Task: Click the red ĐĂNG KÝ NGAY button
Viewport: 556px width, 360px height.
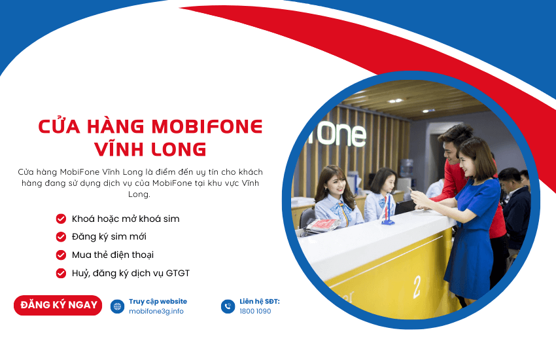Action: click(x=58, y=305)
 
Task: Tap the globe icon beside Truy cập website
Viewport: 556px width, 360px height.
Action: click(x=117, y=306)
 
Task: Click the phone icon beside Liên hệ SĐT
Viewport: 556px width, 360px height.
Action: click(x=228, y=306)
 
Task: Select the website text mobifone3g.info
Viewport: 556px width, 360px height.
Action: click(x=156, y=312)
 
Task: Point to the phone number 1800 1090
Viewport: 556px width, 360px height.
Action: click(x=255, y=312)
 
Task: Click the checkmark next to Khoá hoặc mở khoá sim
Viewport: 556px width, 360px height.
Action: click(x=61, y=219)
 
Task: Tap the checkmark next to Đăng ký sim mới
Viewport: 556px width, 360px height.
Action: click(x=61, y=236)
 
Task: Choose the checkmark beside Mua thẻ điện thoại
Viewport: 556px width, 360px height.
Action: click(x=61, y=255)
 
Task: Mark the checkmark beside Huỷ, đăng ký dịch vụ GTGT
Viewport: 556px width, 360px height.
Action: click(x=61, y=274)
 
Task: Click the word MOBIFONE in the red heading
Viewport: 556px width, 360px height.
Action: click(x=207, y=126)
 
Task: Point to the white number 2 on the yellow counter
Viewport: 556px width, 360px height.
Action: click(x=417, y=287)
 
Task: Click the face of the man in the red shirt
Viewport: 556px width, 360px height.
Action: click(x=451, y=152)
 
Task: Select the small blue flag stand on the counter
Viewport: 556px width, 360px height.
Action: click(x=388, y=211)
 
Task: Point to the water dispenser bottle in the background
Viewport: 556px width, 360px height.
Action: click(x=406, y=168)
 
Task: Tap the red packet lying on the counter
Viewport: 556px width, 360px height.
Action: click(x=323, y=225)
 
